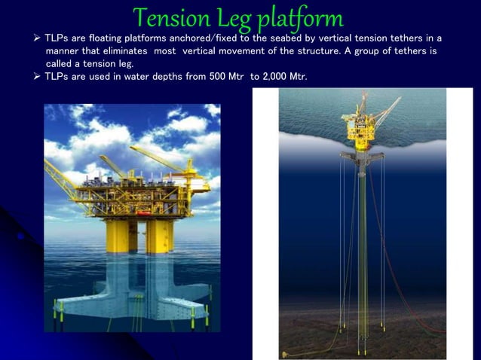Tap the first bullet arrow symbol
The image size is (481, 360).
click(37, 38)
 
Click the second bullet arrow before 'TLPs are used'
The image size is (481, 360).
click(37, 78)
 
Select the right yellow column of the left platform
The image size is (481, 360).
click(159, 234)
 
